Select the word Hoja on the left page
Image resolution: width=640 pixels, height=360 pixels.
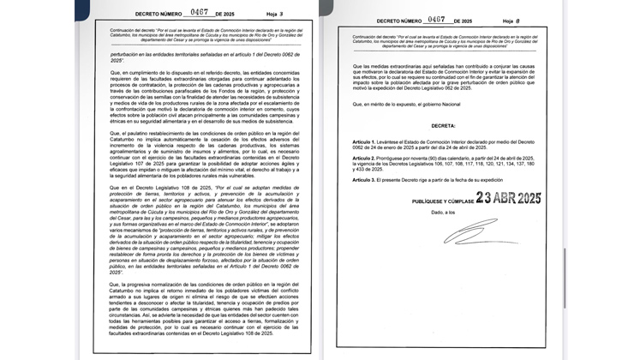pos(249,14)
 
